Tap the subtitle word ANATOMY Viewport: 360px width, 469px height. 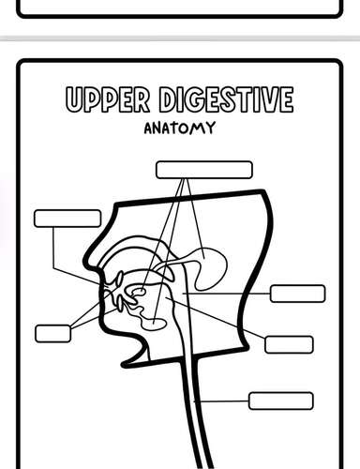(178, 128)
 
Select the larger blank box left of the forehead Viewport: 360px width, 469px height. (67, 218)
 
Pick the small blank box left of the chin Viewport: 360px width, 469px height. (52, 332)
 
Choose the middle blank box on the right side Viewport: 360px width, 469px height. (289, 343)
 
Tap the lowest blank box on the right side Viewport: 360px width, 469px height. (280, 401)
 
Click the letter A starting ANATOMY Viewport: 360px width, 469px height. (148, 128)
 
